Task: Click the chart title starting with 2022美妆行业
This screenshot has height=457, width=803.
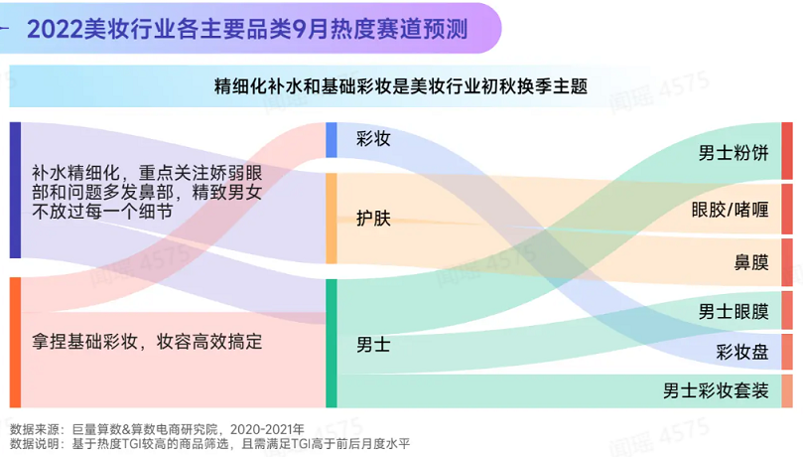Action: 247,29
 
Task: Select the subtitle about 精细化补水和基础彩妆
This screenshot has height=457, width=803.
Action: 400,86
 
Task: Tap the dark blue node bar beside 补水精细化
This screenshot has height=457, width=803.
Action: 15,190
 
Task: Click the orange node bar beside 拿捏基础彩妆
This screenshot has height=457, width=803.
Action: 15,342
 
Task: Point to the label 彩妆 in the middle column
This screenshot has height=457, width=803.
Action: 373,138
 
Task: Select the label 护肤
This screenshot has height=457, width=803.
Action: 373,219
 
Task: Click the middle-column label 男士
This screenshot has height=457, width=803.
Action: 373,345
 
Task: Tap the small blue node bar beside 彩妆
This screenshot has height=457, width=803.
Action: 332,140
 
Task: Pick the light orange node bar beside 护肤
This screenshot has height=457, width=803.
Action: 332,219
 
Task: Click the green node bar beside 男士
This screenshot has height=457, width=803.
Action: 332,344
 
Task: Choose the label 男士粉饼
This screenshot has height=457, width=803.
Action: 734,153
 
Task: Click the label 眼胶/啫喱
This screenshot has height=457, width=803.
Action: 730,210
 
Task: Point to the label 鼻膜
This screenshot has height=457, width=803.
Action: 751,263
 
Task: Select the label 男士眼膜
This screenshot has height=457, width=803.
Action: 734,312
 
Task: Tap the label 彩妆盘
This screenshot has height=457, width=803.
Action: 742,352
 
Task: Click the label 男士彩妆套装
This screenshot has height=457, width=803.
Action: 716,390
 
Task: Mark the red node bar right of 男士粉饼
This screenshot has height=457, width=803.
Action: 787,151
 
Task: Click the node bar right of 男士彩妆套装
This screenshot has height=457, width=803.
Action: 787,390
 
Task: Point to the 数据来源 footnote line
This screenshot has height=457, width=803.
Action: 157,429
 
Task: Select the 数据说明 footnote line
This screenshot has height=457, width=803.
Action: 210,444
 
